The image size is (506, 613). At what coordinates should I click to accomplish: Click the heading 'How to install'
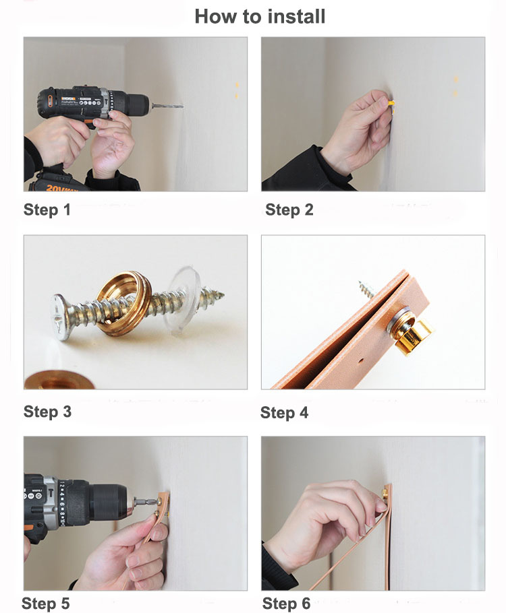[x=260, y=16]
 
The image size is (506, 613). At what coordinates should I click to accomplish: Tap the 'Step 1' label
[x=47, y=210]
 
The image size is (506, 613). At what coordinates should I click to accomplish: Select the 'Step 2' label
[x=289, y=210]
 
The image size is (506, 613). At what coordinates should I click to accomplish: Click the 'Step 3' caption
[x=47, y=412]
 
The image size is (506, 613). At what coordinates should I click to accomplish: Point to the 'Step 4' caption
[x=284, y=413]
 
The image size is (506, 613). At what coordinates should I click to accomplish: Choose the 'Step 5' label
[x=45, y=603]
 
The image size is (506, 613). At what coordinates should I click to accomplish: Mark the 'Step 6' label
[x=286, y=603]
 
